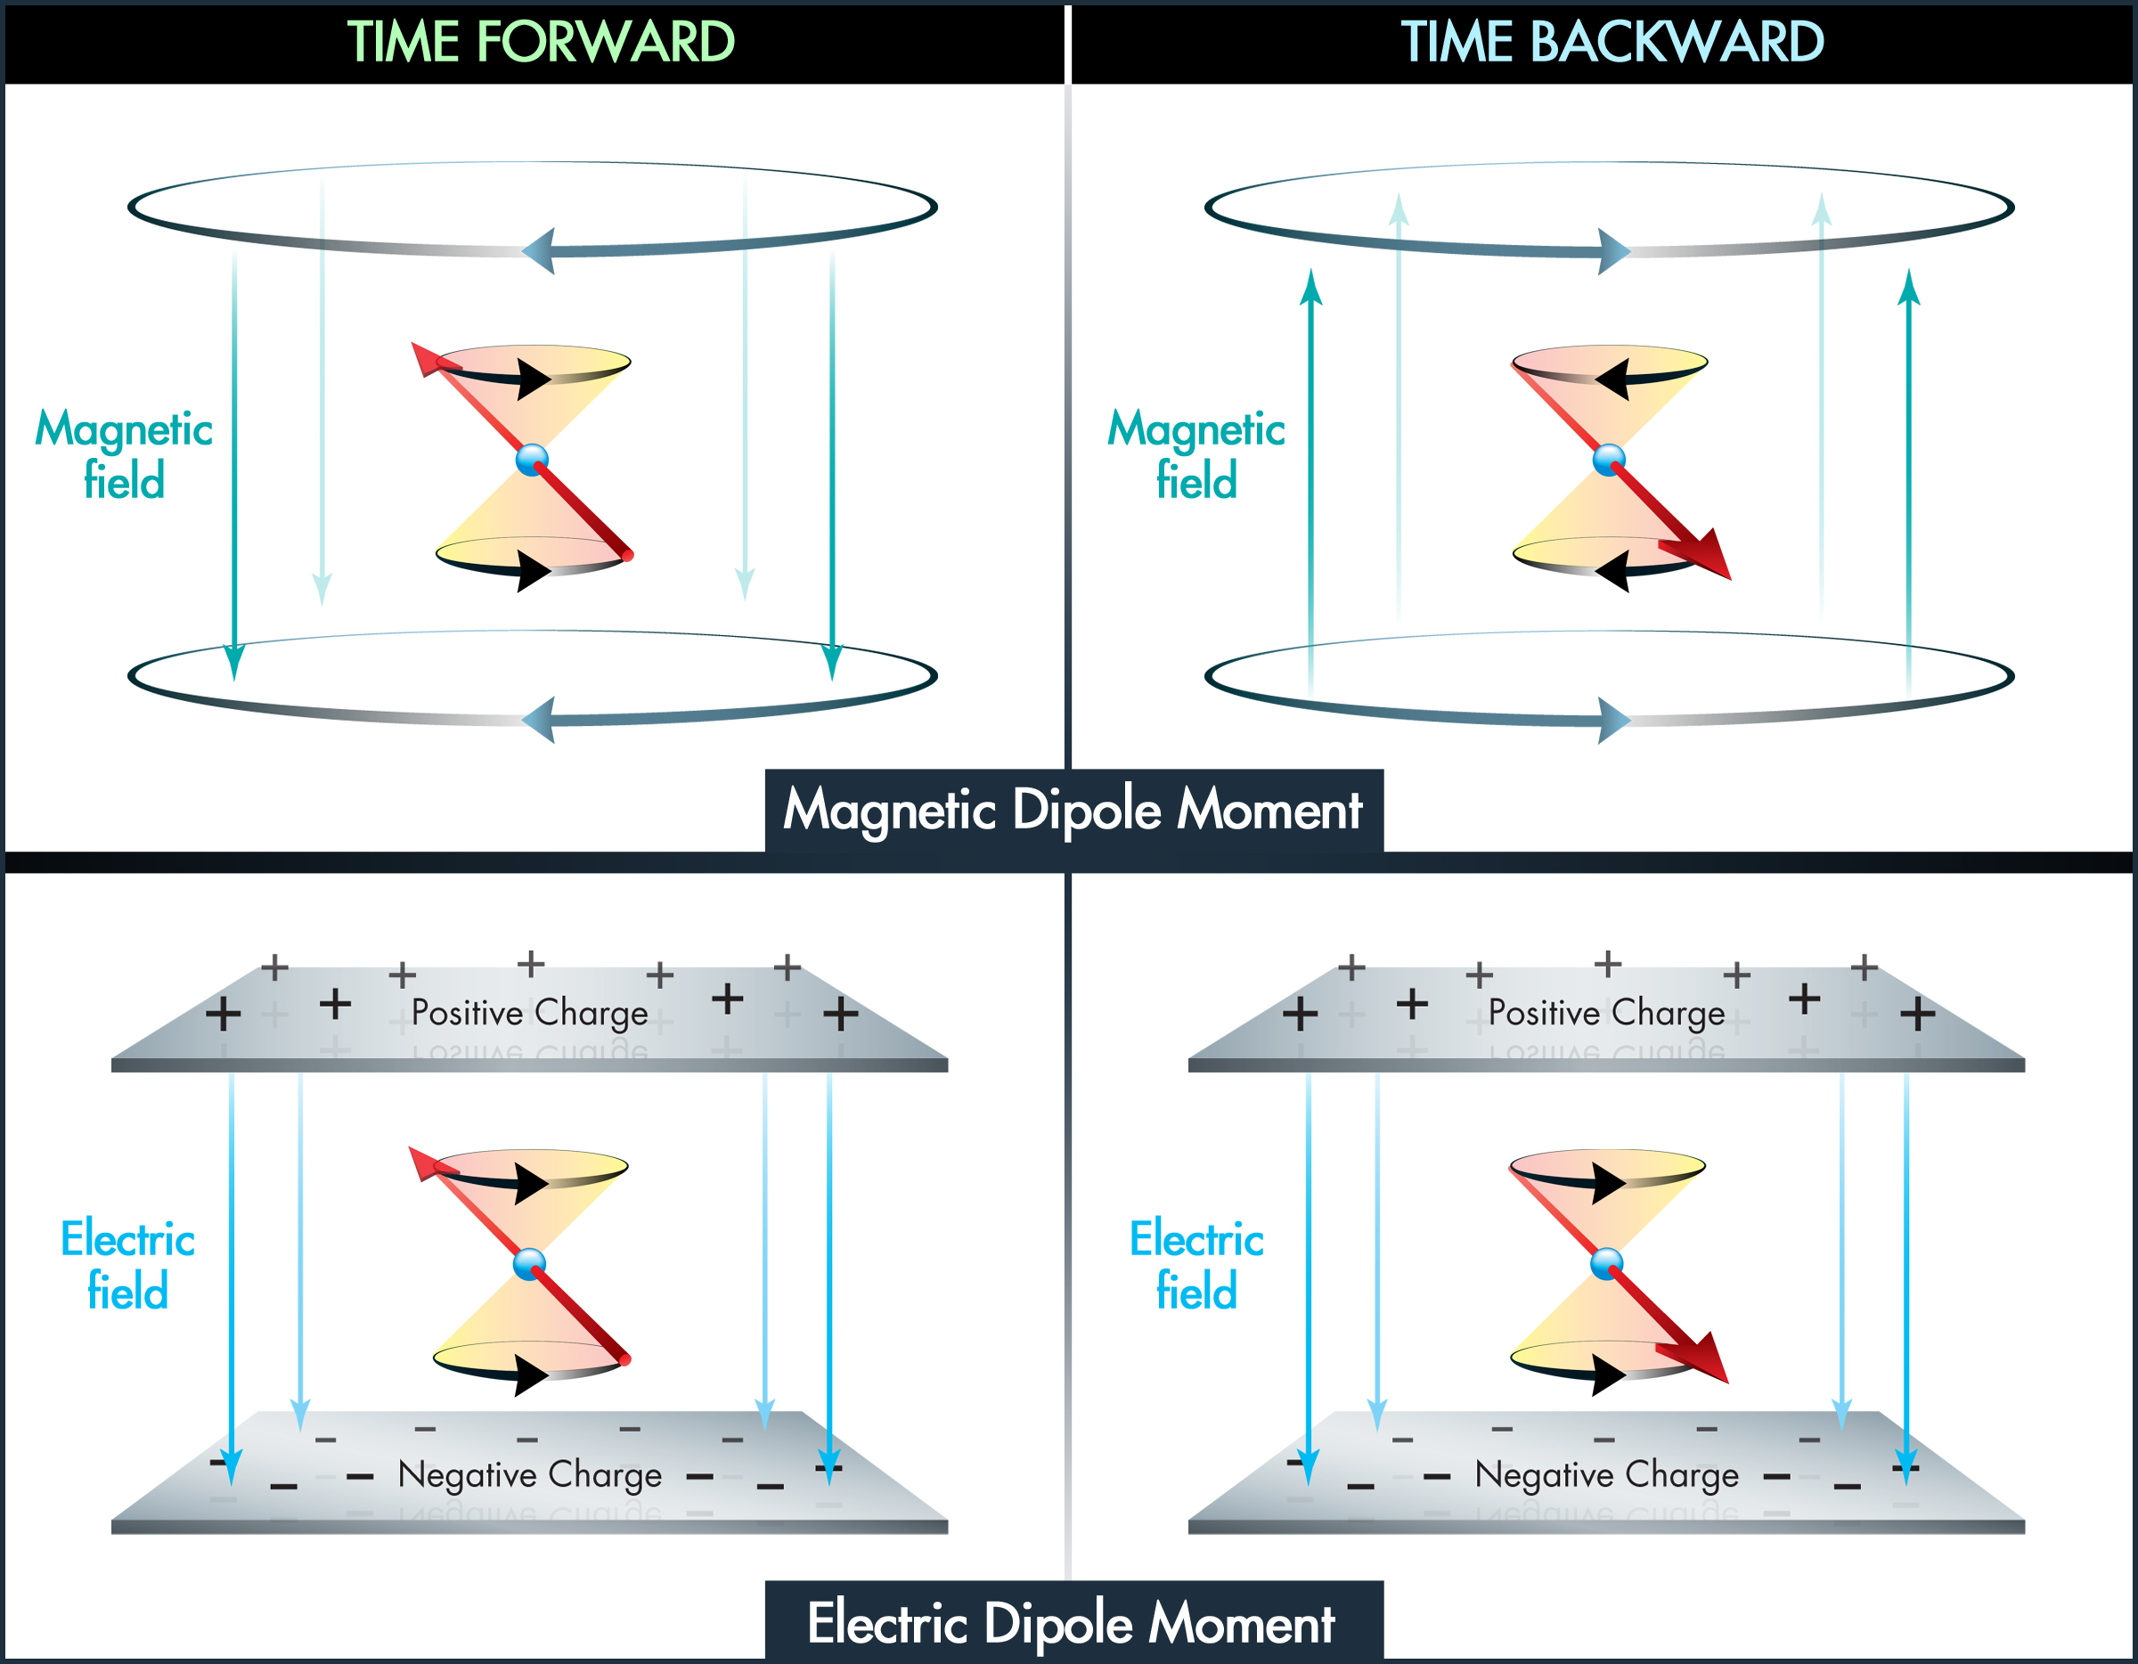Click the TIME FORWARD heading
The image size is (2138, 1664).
tap(541, 42)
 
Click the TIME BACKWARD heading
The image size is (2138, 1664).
tap(1612, 42)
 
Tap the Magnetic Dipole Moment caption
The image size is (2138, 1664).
tap(1073, 811)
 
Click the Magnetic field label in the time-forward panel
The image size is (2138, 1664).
tap(125, 455)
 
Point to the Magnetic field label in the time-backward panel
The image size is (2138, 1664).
tap(1196, 455)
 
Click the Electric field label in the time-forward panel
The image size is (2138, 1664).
tap(128, 1265)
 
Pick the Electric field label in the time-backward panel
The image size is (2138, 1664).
tap(1196, 1265)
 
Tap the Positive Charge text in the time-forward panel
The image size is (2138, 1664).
tap(530, 1013)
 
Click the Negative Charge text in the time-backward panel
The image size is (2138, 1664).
tap(1606, 1475)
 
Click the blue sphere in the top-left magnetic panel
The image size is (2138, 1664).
tap(533, 459)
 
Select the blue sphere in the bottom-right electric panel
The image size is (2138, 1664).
tap(1607, 1264)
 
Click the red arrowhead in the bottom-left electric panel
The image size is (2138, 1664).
tap(428, 1162)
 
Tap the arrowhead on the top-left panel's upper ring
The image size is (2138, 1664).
tap(538, 250)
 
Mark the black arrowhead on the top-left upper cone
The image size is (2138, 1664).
tap(534, 379)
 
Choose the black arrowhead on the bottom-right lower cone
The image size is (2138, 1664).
tap(1611, 1374)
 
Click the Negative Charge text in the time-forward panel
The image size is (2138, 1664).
tap(530, 1475)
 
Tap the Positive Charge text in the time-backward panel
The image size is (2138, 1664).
tap(1606, 1013)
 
